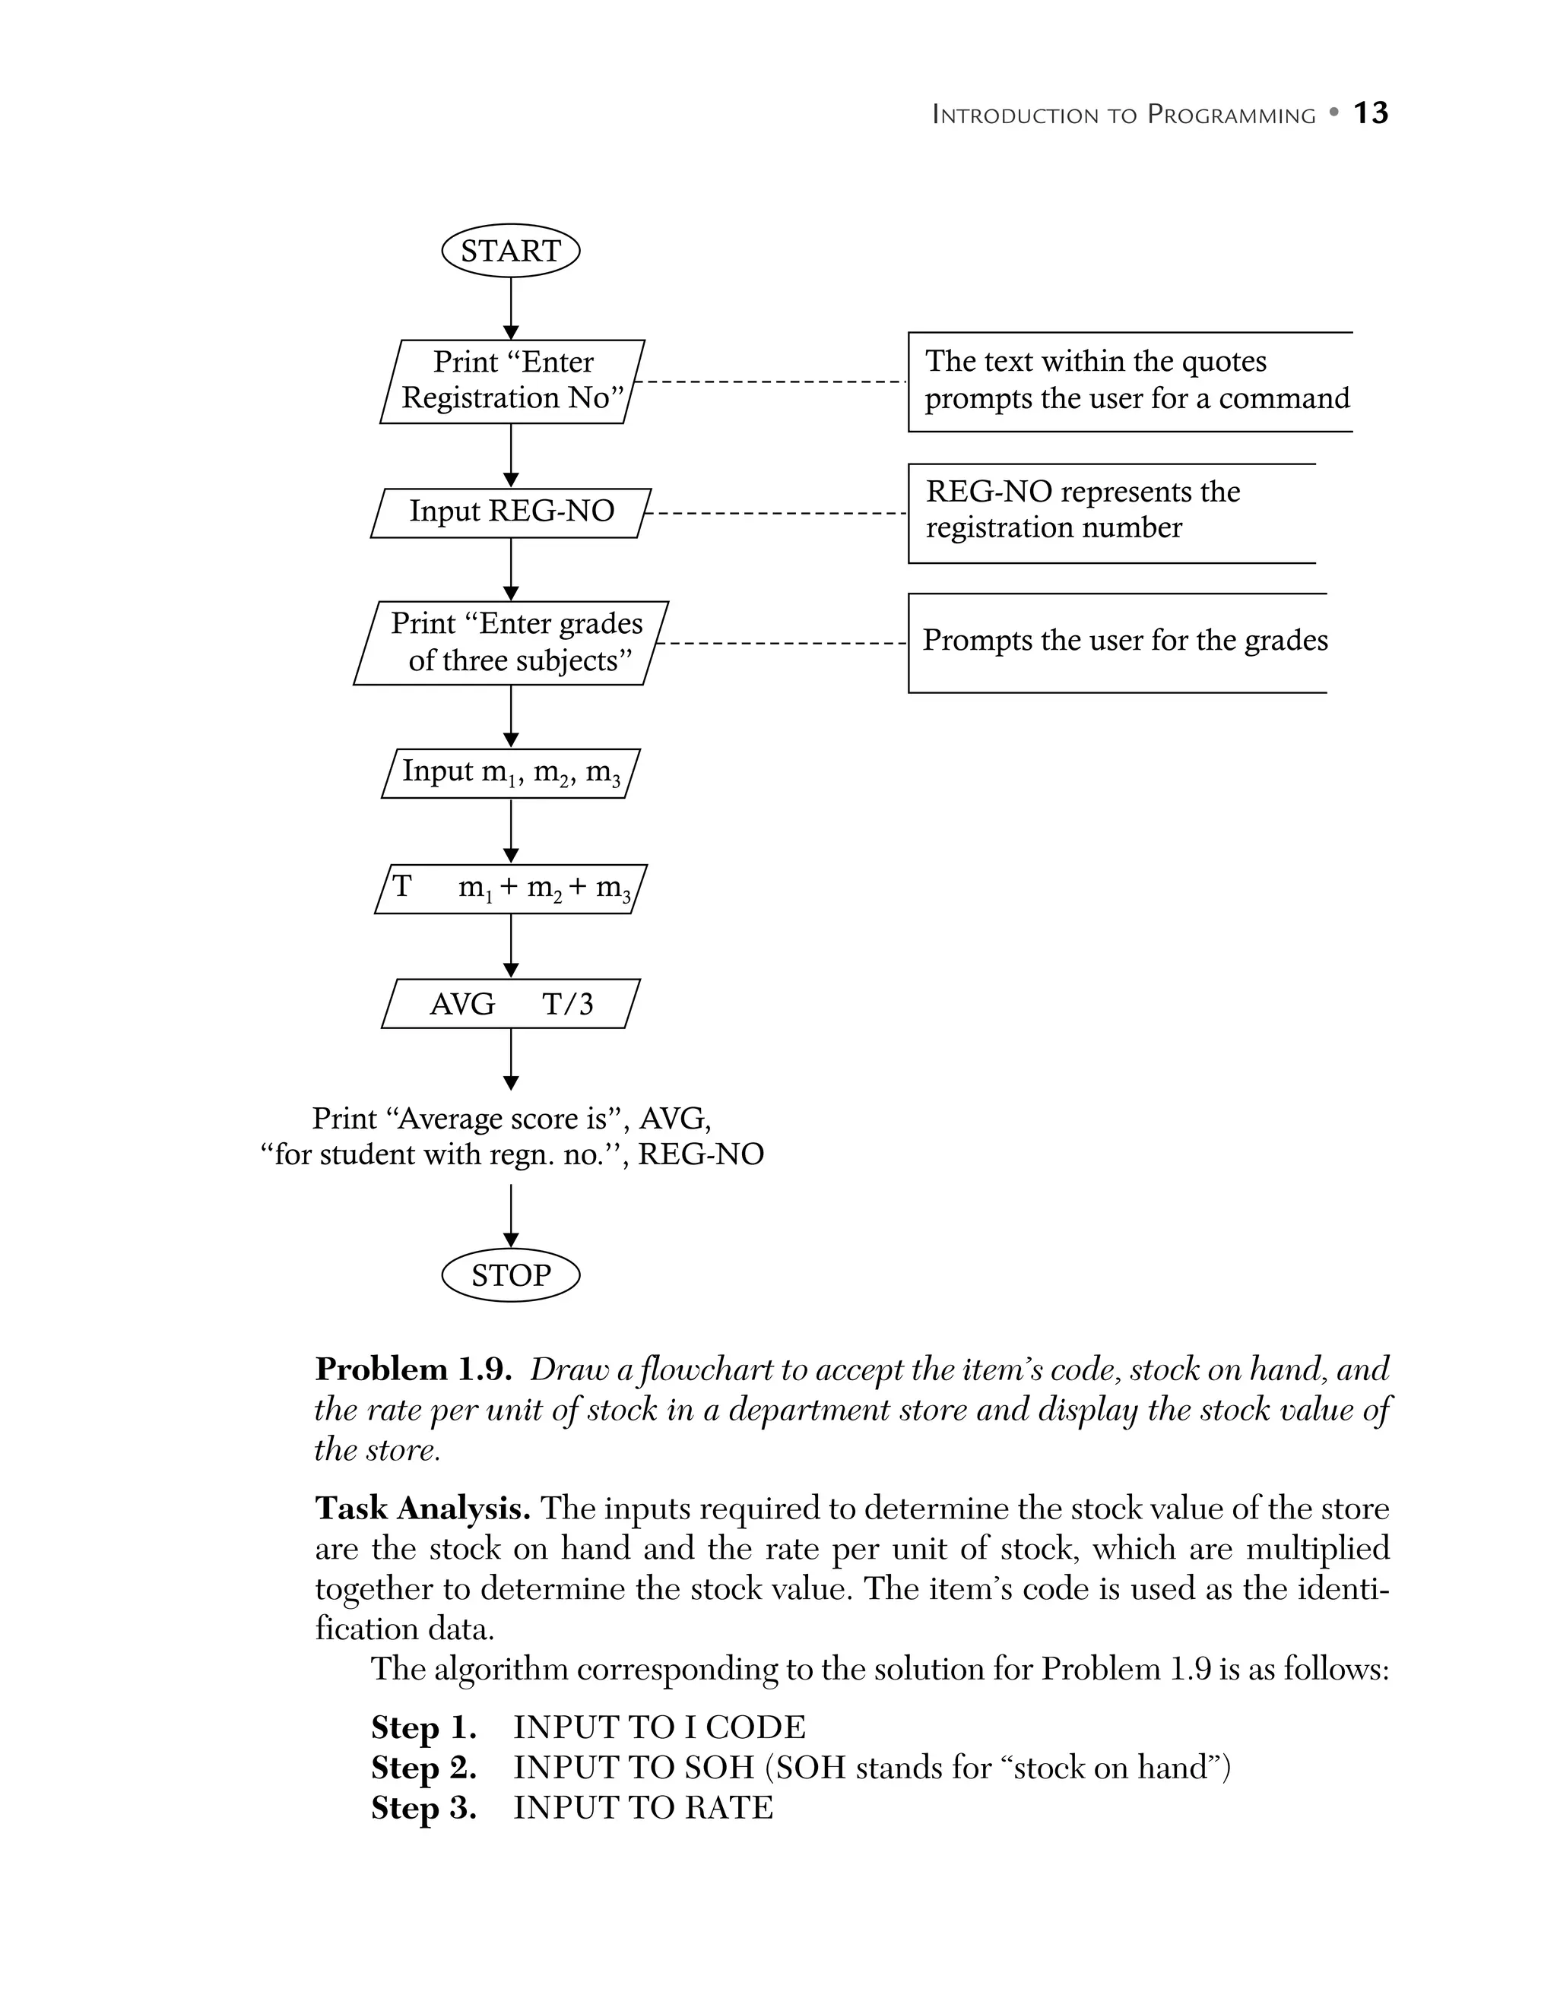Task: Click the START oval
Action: pos(510,251)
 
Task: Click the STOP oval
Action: pos(510,1275)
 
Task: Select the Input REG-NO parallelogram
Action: pos(510,512)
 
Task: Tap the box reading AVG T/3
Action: pos(510,1004)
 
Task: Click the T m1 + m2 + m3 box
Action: pos(510,888)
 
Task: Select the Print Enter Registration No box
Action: pos(512,382)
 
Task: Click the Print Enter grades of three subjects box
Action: pos(510,643)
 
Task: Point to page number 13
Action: pos(1370,113)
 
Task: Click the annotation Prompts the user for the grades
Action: pos(1124,641)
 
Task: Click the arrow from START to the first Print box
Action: pos(510,308)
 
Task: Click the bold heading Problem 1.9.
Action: pos(412,1369)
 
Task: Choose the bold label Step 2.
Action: pos(423,1768)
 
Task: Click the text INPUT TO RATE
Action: pos(643,1809)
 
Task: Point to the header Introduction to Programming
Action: pos(1123,116)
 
